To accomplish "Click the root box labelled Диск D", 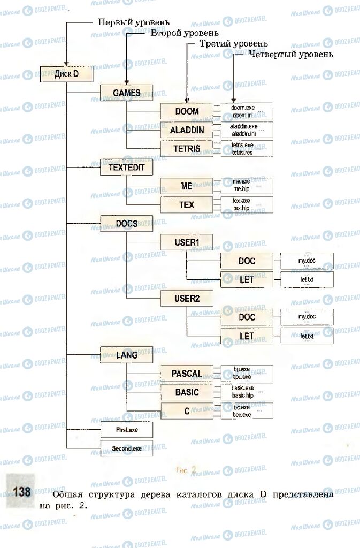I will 67,74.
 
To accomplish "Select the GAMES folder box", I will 127,93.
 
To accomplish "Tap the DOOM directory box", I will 187,112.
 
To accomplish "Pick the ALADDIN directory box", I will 187,130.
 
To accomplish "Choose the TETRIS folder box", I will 187,148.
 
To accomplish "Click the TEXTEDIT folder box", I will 127,168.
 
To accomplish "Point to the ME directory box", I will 187,186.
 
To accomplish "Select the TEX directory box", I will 187,204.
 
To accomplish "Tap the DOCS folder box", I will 127,223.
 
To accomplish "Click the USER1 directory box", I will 187,242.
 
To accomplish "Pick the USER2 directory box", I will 187,298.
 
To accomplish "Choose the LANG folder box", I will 127,354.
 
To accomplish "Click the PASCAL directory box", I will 187,373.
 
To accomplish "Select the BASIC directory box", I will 187,392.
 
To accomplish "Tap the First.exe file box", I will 127,430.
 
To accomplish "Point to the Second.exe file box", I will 127,448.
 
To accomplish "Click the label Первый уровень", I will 133,22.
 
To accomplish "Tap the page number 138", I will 22,491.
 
